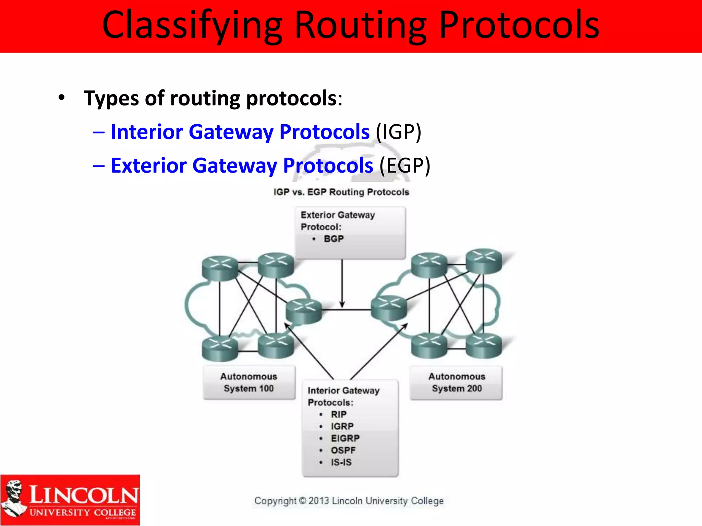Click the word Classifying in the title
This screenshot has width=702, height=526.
[192, 26]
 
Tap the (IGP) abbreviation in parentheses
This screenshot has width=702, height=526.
[398, 132]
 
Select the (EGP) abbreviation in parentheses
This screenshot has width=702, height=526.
[404, 165]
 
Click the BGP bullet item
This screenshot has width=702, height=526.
[334, 239]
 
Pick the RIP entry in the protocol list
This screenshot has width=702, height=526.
[339, 414]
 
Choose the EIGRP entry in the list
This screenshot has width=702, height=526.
[345, 438]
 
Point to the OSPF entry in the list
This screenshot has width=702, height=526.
[343, 450]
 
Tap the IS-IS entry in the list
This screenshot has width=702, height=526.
[341, 462]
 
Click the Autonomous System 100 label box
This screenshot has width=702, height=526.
[249, 383]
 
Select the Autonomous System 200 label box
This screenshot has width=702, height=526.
[457, 383]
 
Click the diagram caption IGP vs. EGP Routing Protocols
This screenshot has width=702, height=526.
[341, 192]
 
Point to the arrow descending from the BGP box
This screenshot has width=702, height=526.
[342, 284]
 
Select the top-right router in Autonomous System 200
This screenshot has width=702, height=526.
[483, 261]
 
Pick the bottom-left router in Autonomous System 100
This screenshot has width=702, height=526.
[220, 349]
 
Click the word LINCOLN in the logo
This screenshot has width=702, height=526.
[84, 495]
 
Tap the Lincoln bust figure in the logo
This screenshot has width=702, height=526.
[14, 498]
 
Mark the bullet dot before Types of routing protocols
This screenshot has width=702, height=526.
[61, 98]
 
